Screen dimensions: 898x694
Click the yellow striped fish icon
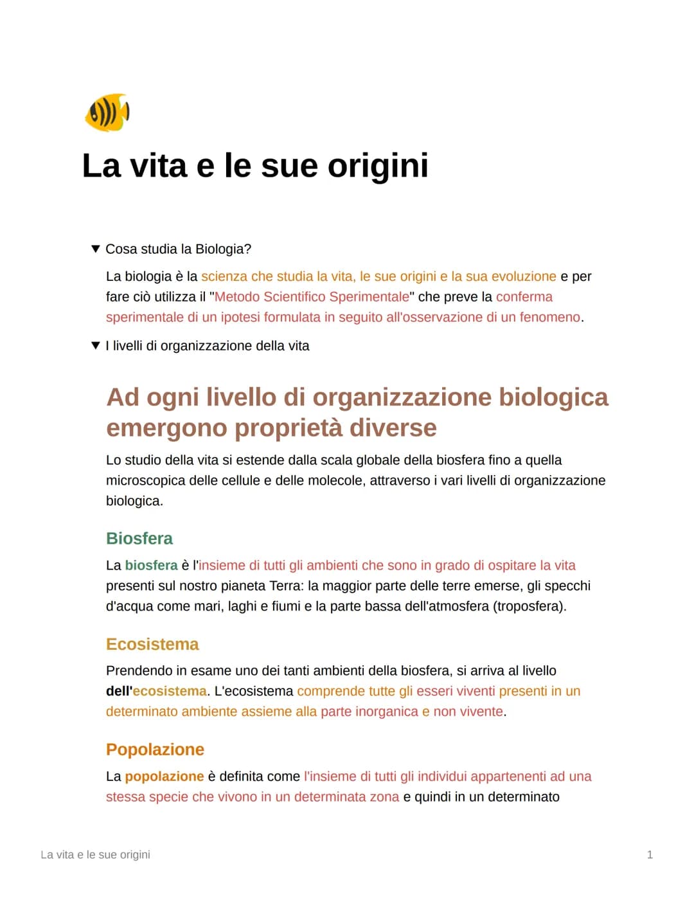[107, 112]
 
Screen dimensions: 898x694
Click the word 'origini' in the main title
[378, 166]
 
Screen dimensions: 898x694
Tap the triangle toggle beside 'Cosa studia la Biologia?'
[96, 249]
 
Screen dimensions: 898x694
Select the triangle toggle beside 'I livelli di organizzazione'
[96, 346]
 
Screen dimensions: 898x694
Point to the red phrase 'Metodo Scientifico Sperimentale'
[312, 297]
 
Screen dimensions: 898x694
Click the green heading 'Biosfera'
[139, 539]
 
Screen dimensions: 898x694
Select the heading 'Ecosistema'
[152, 644]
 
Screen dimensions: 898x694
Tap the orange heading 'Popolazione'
[155, 750]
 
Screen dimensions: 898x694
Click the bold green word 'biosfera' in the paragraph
[151, 566]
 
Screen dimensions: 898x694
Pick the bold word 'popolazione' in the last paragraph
[164, 777]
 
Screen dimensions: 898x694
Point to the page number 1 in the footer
[650, 855]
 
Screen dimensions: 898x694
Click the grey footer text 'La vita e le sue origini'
[95, 855]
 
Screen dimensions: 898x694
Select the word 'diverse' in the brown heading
[393, 428]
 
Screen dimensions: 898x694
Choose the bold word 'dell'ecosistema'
[156, 692]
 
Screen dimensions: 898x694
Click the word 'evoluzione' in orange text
[524, 276]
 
